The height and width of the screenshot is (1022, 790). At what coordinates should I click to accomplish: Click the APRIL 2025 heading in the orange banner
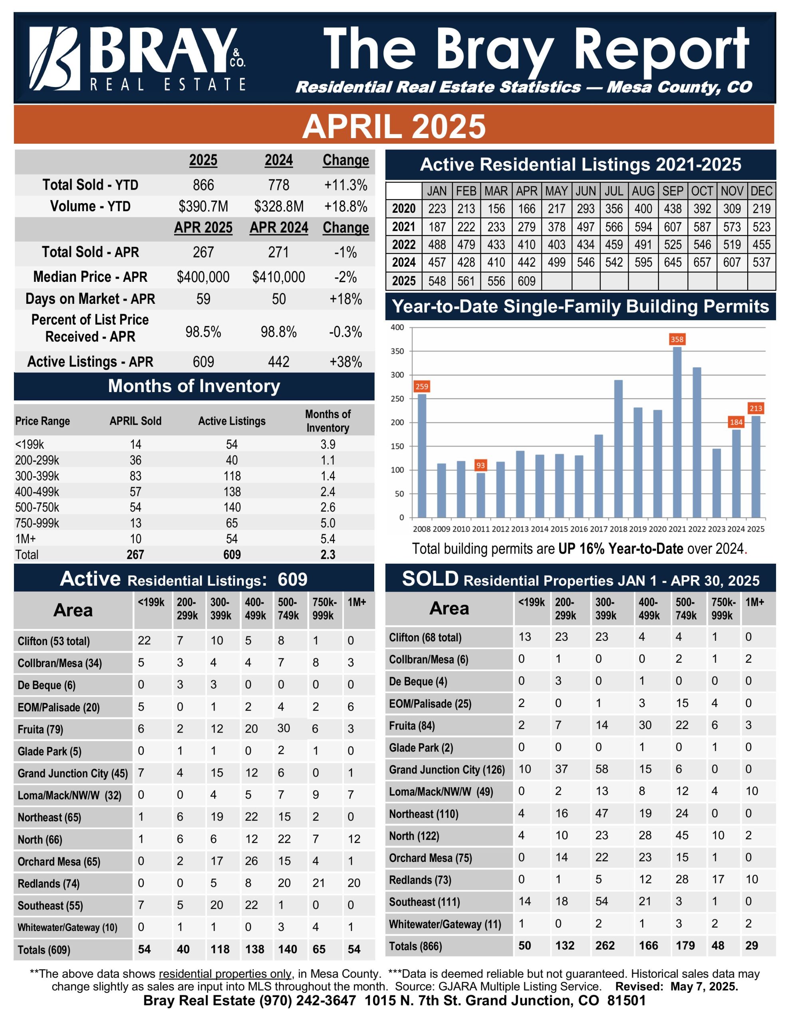tap(394, 126)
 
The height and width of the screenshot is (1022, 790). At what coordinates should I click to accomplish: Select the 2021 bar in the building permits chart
tap(677, 432)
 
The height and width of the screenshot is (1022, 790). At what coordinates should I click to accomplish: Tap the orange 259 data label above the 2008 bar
tap(421, 386)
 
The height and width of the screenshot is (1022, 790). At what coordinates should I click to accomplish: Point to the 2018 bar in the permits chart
tap(618, 449)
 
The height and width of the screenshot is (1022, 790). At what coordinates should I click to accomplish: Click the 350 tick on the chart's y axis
tap(397, 351)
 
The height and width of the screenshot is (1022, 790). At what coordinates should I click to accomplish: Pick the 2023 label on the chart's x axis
tap(717, 529)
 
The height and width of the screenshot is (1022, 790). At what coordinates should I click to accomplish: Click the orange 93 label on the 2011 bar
tap(480, 465)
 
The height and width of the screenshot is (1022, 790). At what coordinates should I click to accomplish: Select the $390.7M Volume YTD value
tap(203, 206)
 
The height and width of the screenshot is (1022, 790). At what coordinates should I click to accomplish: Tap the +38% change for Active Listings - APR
tap(345, 362)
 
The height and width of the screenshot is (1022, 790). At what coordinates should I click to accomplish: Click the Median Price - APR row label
tap(90, 277)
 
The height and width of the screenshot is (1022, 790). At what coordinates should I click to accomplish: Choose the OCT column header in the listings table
tap(702, 191)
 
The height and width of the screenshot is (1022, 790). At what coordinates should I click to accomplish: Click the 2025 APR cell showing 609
tap(526, 281)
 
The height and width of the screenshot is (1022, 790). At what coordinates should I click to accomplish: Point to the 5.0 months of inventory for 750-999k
tap(328, 523)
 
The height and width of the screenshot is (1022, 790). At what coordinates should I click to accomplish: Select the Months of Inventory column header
tap(328, 421)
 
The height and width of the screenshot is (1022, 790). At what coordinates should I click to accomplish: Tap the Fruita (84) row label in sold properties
tap(412, 726)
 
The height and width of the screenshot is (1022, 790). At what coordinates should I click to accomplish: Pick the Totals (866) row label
tap(415, 946)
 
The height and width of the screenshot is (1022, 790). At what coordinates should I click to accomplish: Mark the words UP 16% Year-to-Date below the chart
tap(621, 549)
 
